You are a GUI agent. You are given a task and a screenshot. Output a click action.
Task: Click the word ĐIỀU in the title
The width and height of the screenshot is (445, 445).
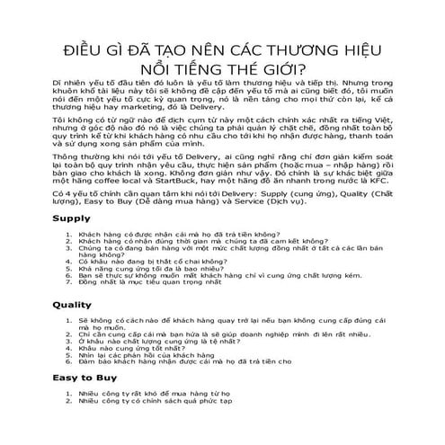[x=85, y=50]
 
